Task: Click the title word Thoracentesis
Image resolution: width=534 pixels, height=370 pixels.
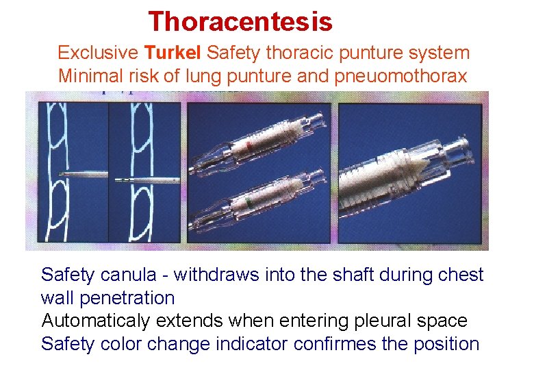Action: click(x=240, y=21)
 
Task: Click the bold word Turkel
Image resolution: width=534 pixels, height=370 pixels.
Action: click(x=173, y=52)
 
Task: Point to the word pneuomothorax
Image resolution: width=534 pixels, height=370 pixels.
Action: click(x=401, y=75)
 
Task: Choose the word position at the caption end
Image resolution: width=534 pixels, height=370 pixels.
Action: click(x=446, y=343)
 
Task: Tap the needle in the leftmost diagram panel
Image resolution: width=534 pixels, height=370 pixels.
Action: click(x=82, y=175)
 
